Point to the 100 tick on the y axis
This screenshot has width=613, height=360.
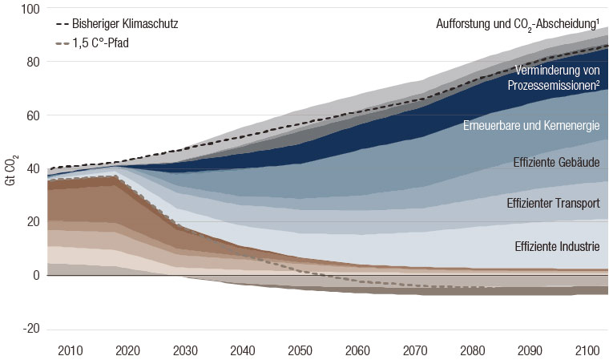[x=30, y=9]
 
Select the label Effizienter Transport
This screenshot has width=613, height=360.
[x=553, y=204]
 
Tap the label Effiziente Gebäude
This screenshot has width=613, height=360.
[x=556, y=163]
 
